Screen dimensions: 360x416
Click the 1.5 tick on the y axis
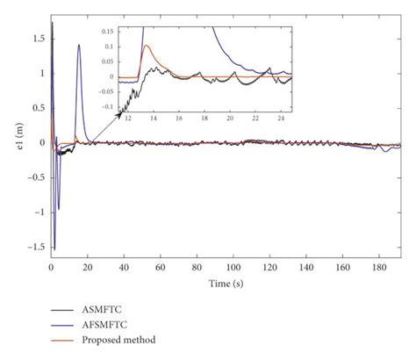(x=37, y=40)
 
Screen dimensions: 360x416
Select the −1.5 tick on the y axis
(x=34, y=247)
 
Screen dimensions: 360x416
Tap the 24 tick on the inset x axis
(x=280, y=117)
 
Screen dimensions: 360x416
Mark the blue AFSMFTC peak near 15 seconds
(x=79, y=46)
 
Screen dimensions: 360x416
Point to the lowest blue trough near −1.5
(x=54, y=248)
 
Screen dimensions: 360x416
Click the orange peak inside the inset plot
(x=146, y=46)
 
